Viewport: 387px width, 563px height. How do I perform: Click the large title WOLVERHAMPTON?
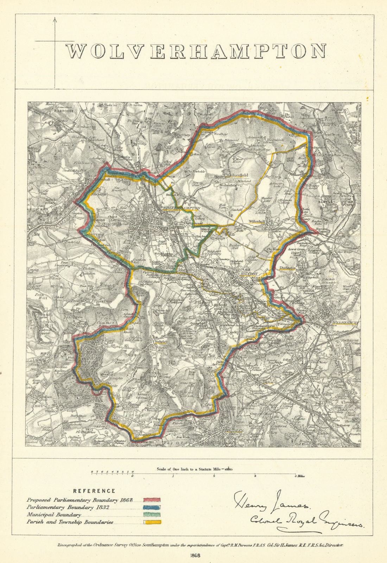[196, 51]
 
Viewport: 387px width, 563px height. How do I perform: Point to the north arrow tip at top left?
[55, 19]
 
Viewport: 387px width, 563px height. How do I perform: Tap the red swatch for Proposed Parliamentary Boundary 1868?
[152, 500]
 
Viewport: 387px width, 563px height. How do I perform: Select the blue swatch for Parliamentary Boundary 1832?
[152, 507]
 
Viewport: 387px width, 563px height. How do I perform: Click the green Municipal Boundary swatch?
[152, 515]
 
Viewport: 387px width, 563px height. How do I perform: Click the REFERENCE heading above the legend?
[94, 491]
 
